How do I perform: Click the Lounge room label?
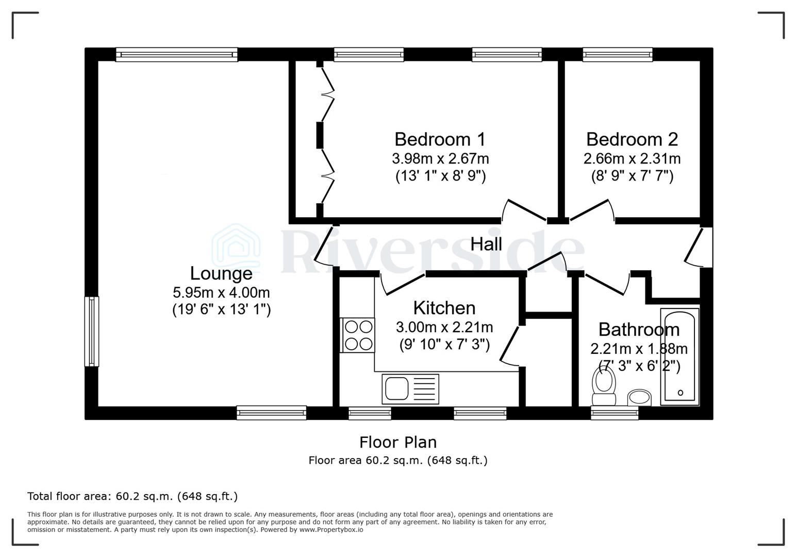[221, 273]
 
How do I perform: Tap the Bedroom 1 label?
[440, 139]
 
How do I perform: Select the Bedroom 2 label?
[632, 139]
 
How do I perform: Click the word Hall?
[486, 244]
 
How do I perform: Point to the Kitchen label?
[444, 308]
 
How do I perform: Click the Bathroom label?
[639, 329]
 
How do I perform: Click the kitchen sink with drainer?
[410, 389]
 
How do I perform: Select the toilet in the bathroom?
[604, 386]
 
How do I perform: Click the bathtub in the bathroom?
[680, 356]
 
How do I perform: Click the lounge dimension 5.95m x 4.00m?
[221, 292]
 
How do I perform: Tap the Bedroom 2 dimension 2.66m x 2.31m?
[632, 158]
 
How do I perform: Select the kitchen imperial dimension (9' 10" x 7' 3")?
[444, 344]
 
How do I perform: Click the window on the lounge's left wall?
[92, 331]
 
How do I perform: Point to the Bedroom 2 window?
[617, 54]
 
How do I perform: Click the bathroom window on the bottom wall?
[614, 413]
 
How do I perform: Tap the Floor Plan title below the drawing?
[397, 442]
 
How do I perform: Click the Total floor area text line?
[132, 497]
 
